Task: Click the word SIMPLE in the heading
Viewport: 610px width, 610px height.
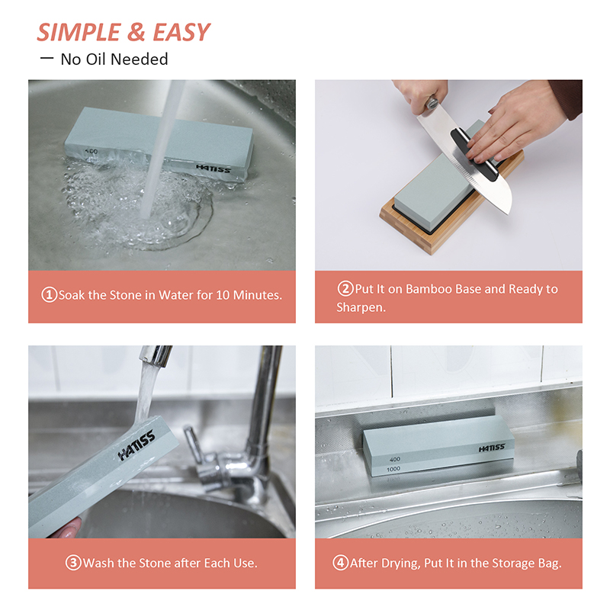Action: (x=79, y=32)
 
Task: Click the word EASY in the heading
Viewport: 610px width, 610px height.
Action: (x=181, y=32)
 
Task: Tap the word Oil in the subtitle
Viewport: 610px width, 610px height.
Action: (x=96, y=59)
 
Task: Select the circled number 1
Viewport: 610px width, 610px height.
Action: (x=49, y=294)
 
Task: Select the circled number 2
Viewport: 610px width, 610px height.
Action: (x=345, y=289)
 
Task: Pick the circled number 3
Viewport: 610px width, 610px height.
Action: (x=73, y=563)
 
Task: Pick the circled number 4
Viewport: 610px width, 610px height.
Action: (x=340, y=563)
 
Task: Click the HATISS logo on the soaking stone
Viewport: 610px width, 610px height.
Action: (x=213, y=168)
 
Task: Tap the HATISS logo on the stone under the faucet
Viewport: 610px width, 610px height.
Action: (x=136, y=445)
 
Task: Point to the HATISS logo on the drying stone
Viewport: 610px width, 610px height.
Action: (x=492, y=448)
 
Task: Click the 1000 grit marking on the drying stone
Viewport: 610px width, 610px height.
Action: (x=393, y=469)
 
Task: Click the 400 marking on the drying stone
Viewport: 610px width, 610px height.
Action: (x=395, y=460)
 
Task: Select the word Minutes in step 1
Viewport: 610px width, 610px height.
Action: (x=257, y=295)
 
